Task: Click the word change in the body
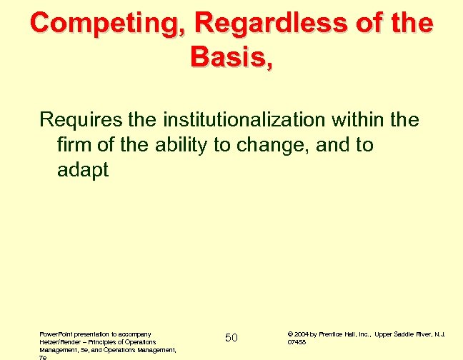click(262, 144)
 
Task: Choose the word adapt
click(82, 171)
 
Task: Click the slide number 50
click(231, 336)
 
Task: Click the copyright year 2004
click(302, 334)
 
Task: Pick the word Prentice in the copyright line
click(332, 334)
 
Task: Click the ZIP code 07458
click(297, 341)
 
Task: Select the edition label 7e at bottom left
click(43, 356)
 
